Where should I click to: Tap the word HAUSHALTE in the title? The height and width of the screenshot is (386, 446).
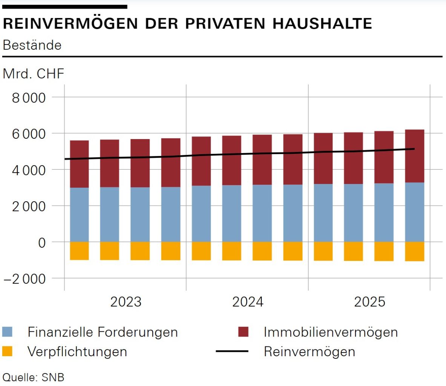tap(322, 23)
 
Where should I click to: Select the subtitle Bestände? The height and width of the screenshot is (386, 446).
tap(32, 45)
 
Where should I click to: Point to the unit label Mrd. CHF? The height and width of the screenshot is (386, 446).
tap(34, 74)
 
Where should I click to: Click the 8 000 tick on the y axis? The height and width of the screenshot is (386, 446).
tap(29, 98)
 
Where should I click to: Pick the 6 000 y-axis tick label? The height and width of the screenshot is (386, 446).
tap(29, 134)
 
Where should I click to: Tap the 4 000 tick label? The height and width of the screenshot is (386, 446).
tap(29, 170)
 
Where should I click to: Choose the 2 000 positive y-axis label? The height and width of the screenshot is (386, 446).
tap(29, 206)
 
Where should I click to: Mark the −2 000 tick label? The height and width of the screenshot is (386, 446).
tap(25, 279)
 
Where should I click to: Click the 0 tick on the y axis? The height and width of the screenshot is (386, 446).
tap(41, 243)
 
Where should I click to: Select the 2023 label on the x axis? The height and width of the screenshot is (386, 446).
tap(126, 302)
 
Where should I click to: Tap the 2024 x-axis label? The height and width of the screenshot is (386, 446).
tap(248, 302)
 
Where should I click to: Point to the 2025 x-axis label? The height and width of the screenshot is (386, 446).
tap(370, 302)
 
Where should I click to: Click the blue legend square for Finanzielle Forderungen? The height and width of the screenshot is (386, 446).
tap(8, 332)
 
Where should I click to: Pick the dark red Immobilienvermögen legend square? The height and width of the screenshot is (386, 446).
tap(244, 332)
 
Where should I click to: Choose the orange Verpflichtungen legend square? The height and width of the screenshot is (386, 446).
tap(8, 352)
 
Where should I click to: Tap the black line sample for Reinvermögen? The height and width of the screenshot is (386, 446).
tap(232, 351)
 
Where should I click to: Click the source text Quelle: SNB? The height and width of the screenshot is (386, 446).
tap(34, 377)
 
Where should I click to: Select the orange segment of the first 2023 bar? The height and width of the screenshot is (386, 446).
tap(79, 251)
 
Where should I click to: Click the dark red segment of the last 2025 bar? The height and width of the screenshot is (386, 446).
tap(415, 156)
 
